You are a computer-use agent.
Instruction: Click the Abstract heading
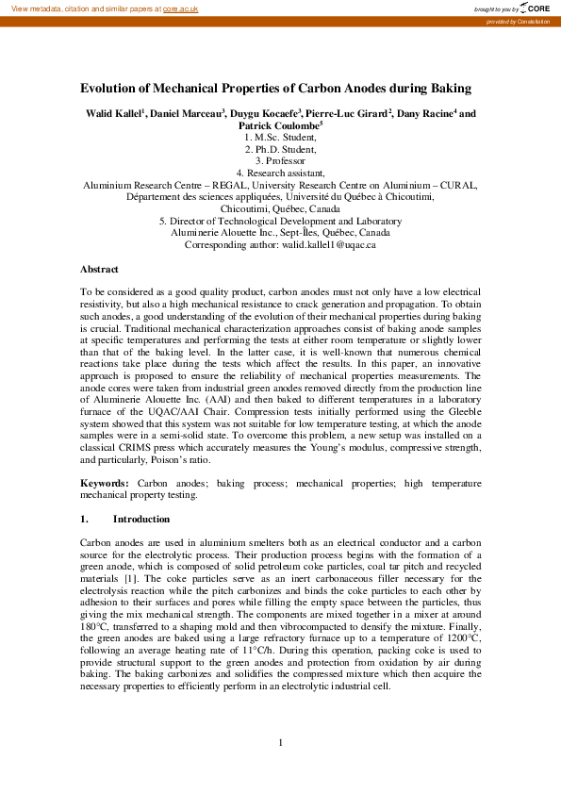[x=100, y=269]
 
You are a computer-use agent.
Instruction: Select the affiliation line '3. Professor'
[x=281, y=161]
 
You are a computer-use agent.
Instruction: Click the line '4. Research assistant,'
[x=280, y=174]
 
